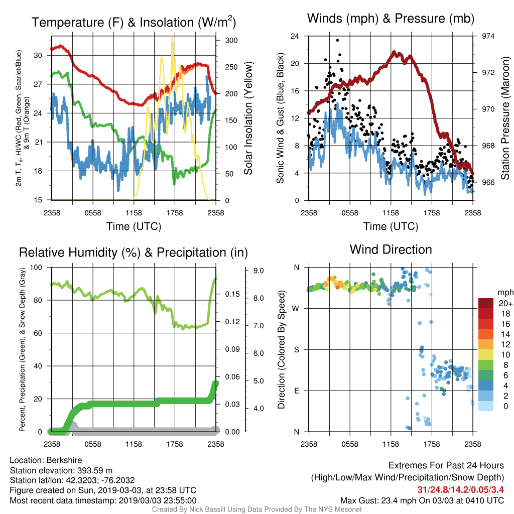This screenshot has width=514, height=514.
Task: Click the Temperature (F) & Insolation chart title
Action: [134, 22]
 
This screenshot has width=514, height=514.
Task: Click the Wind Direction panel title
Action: [391, 249]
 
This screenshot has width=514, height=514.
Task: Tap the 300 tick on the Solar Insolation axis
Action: [231, 40]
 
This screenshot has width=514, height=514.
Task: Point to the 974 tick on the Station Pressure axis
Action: [488, 36]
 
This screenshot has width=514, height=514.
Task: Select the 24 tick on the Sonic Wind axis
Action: [295, 36]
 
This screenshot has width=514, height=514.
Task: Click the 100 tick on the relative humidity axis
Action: [36, 267]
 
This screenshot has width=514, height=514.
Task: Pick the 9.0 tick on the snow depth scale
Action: [259, 271]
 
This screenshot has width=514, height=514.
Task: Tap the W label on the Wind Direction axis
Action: [296, 309]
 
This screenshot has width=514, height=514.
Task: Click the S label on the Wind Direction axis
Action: [296, 349]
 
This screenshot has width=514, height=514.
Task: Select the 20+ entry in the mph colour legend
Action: [505, 303]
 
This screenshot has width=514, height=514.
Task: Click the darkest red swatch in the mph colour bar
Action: [486, 303]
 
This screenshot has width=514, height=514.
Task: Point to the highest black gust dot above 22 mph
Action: [337, 40]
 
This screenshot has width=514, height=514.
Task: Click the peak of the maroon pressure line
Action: [395, 52]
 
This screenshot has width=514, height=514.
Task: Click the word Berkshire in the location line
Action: [64, 460]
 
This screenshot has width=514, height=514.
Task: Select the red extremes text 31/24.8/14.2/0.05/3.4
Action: [461, 489]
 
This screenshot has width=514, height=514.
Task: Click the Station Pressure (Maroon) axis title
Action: [505, 118]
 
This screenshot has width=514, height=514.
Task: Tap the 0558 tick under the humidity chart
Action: [93, 444]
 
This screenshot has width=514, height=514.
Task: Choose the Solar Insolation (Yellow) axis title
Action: [248, 118]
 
